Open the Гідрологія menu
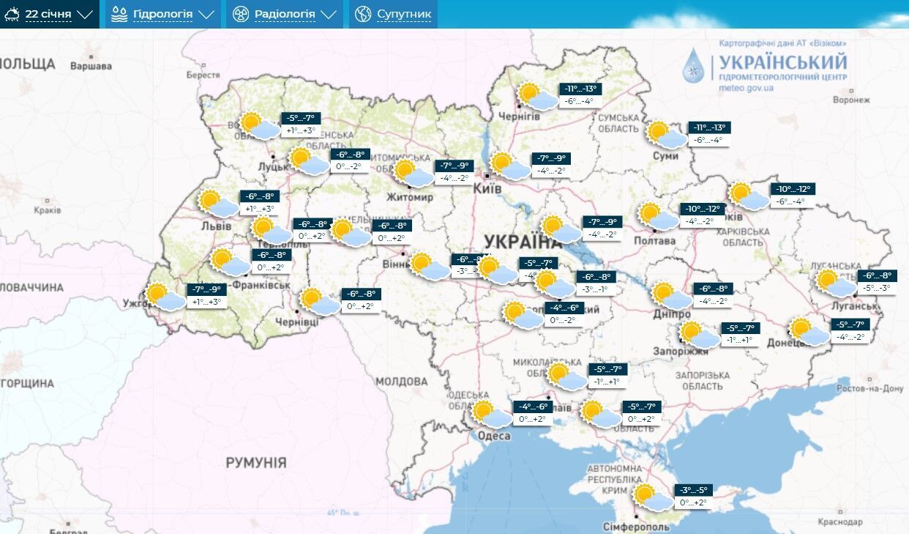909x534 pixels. point(163,14)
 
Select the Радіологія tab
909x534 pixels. point(285,14)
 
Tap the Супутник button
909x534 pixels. point(394,14)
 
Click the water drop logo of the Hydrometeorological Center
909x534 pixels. point(693,66)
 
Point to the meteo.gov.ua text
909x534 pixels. point(746,88)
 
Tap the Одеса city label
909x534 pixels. point(494,436)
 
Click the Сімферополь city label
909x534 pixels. point(635,527)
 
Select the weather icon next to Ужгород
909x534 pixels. point(165,297)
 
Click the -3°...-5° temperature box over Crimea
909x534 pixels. point(694,490)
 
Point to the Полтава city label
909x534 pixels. point(655,240)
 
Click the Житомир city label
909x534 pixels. point(411,197)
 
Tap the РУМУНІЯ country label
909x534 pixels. point(255,463)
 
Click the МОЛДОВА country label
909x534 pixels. point(401,382)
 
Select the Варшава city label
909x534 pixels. point(91,66)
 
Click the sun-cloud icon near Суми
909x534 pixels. point(667,136)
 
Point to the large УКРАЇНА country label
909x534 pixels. point(522,242)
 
